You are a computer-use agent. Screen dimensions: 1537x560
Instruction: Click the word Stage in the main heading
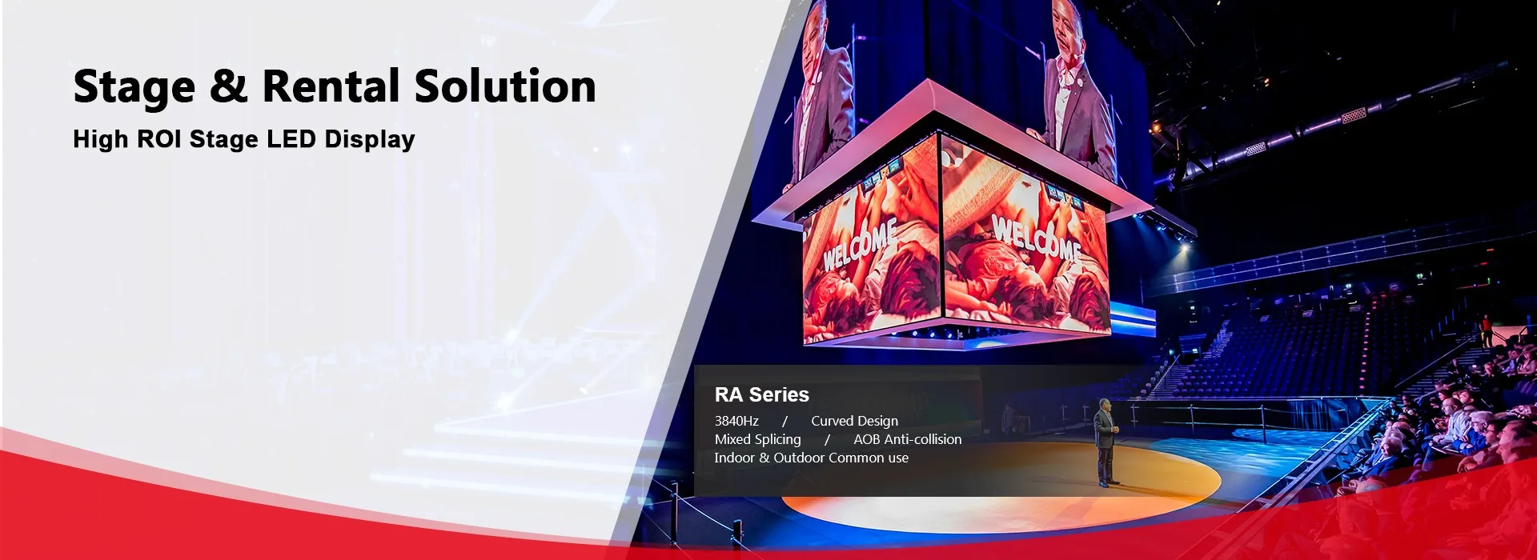tap(134, 87)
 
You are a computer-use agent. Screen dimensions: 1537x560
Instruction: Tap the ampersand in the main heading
tap(229, 86)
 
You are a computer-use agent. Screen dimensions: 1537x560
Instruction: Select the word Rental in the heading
tap(331, 86)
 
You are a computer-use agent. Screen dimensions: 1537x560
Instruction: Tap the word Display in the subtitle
tap(370, 140)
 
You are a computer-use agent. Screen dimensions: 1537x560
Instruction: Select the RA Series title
tap(762, 394)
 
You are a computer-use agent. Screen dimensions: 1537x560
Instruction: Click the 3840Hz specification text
tap(736, 421)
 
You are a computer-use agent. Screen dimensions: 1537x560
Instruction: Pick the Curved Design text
tap(854, 422)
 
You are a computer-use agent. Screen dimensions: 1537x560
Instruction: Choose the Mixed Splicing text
tap(757, 440)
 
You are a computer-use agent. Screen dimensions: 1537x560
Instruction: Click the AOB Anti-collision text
tap(908, 439)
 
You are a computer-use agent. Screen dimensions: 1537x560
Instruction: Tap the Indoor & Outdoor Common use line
tap(812, 458)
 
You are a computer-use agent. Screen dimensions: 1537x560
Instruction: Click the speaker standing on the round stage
tap(1106, 442)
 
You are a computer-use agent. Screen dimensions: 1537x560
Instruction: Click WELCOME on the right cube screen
tap(1037, 238)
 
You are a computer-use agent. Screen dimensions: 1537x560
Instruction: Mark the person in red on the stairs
tap(1487, 330)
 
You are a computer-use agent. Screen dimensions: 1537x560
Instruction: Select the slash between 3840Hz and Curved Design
tap(785, 421)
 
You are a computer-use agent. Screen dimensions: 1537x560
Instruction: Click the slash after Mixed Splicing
tap(827, 439)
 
